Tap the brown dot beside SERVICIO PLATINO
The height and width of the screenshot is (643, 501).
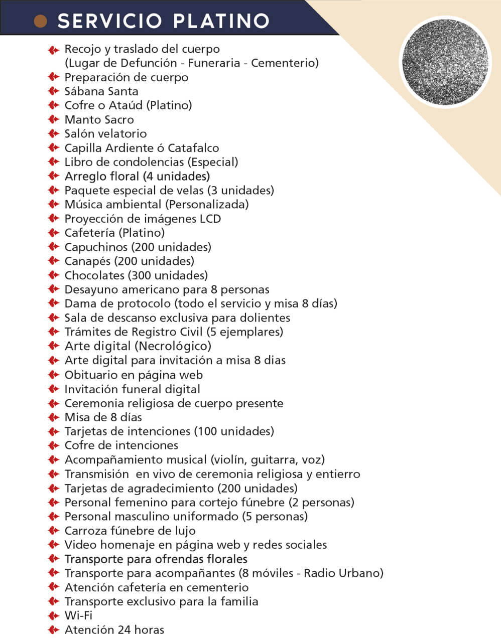[40, 21]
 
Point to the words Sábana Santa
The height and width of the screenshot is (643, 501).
[101, 91]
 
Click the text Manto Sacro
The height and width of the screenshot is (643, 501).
[99, 120]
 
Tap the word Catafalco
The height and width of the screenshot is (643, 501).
[193, 148]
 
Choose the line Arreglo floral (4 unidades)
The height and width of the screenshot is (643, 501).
[137, 176]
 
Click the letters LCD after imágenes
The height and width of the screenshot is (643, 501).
[210, 219]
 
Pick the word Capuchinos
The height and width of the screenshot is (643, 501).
[96, 247]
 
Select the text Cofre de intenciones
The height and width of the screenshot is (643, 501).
[121, 445]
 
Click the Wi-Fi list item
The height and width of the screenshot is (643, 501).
[78, 615]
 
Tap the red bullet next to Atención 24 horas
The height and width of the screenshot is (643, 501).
[53, 630]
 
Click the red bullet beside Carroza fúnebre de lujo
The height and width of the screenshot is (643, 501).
[53, 531]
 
